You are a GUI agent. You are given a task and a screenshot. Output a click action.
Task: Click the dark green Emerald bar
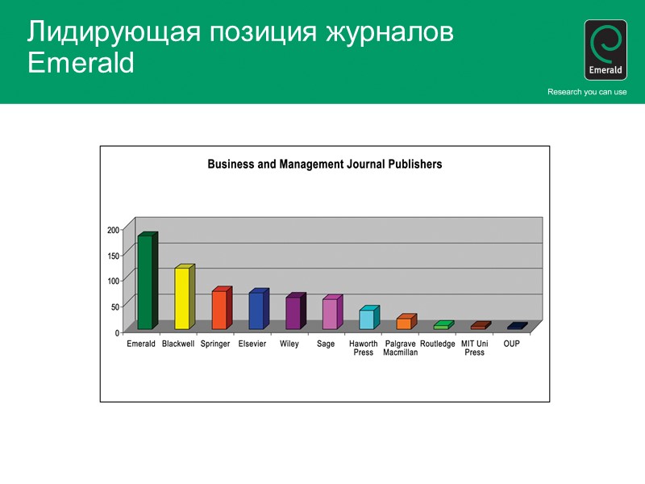[x=145, y=282]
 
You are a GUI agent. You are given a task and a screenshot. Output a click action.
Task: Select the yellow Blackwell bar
[x=182, y=298]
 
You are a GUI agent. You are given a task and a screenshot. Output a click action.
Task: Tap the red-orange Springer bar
[x=219, y=310]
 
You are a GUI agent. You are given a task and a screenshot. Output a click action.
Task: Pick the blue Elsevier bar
[x=256, y=311]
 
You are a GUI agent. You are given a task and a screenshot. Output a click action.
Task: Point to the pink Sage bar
[x=330, y=314]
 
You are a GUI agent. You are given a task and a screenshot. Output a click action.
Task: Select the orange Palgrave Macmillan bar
[x=404, y=323]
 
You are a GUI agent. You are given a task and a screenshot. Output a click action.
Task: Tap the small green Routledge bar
[x=441, y=326]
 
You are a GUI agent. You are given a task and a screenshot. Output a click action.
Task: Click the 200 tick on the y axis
[x=113, y=230]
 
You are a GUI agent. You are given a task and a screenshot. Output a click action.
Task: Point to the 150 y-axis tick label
[x=113, y=256]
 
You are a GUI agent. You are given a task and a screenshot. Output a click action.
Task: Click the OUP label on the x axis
[x=511, y=344]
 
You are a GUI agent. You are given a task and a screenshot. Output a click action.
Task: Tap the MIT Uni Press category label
[x=474, y=348]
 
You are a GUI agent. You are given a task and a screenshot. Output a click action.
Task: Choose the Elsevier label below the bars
[x=252, y=344]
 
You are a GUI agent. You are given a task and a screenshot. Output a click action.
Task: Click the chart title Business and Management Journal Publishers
[x=325, y=164]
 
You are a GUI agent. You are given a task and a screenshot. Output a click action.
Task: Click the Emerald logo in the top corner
[x=605, y=50]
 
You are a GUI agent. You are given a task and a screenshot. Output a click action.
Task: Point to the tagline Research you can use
[x=587, y=92]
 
